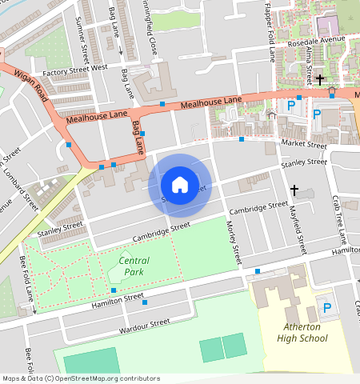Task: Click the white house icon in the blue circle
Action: pos(180,184)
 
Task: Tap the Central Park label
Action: pos(134,266)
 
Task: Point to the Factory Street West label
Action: pos(74,69)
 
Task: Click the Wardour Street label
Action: pos(143,323)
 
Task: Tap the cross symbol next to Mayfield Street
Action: pos(294,190)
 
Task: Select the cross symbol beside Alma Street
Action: pos(319,79)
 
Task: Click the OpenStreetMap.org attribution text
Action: pos(99,378)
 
